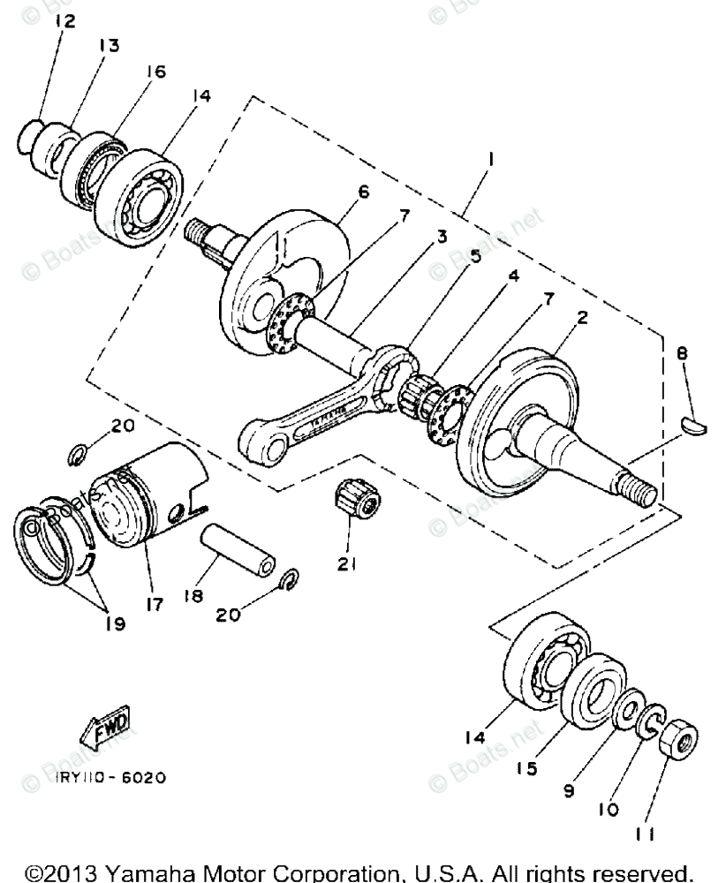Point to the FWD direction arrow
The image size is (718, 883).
(105, 724)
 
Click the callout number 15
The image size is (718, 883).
(526, 769)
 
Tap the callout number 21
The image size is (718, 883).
(346, 562)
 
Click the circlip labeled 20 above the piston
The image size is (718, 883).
(79, 456)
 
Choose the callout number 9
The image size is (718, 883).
(569, 790)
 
